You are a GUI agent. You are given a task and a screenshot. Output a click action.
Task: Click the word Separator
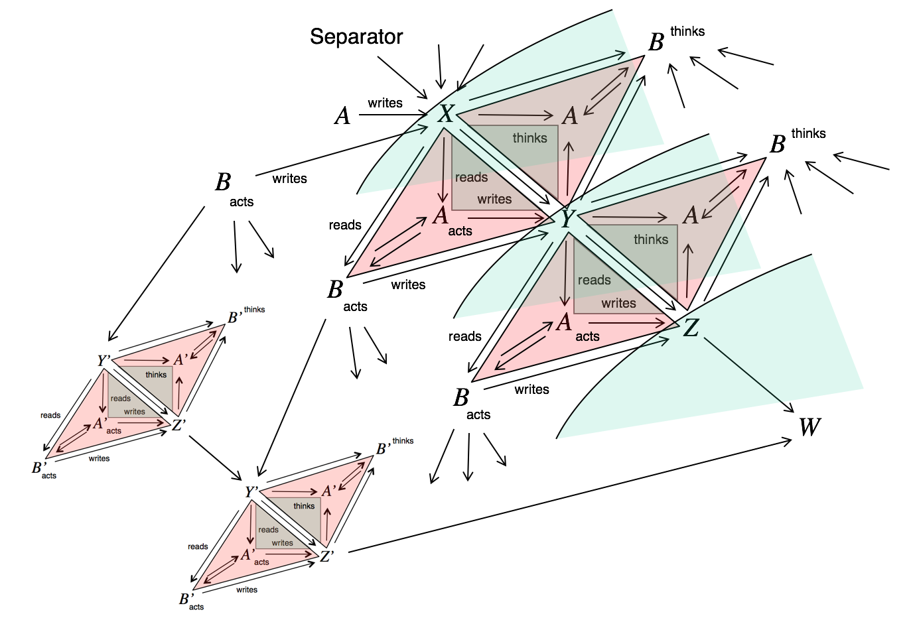pos(356,36)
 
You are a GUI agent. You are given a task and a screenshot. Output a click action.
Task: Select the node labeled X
pos(446,114)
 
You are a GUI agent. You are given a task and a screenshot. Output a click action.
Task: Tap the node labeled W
pos(809,427)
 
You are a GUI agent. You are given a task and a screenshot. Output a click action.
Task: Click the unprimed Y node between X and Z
pos(567,218)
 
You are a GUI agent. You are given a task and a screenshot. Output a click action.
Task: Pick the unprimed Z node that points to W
pos(691,327)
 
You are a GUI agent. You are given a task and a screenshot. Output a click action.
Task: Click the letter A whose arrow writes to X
pos(342,116)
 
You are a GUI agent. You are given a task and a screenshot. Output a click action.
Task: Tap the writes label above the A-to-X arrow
pos(385,103)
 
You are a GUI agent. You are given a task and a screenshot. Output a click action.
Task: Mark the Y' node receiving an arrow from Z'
pos(252,492)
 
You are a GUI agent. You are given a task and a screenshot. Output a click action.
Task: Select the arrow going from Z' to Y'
pos(215,457)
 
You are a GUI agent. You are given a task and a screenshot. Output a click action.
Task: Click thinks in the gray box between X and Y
pos(529,138)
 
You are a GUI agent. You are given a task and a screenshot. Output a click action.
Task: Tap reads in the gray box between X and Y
pos(471,177)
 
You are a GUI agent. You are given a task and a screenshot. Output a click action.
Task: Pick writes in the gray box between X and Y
pos(494,199)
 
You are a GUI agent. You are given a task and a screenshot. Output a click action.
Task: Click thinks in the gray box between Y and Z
pos(651,239)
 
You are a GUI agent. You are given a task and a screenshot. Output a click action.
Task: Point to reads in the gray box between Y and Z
pos(594,280)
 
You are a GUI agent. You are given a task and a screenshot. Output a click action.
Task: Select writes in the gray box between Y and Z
pos(618,303)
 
